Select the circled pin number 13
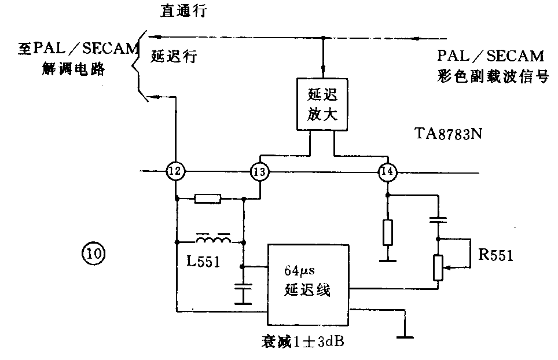(260, 171)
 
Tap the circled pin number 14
(387, 171)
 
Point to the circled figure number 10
(94, 253)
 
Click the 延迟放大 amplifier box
(321, 104)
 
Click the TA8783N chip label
(449, 135)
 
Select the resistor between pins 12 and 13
(207, 199)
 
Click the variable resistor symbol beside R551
(438, 267)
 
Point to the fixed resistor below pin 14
(388, 233)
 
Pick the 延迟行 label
(174, 56)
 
